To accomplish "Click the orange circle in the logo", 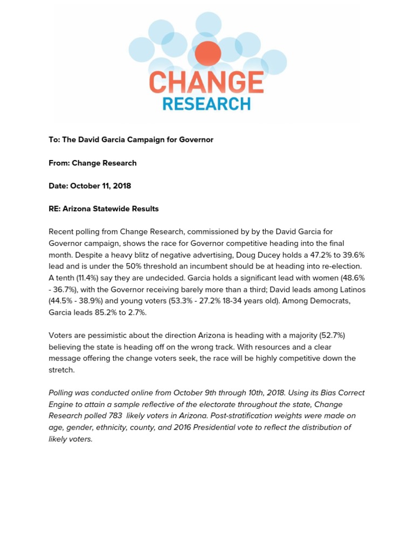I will coord(208,54).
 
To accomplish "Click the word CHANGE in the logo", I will coord(206,82).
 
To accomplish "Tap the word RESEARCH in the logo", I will coord(206,103).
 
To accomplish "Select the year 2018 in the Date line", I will coord(122,186).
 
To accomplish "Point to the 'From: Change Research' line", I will coord(92,163).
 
